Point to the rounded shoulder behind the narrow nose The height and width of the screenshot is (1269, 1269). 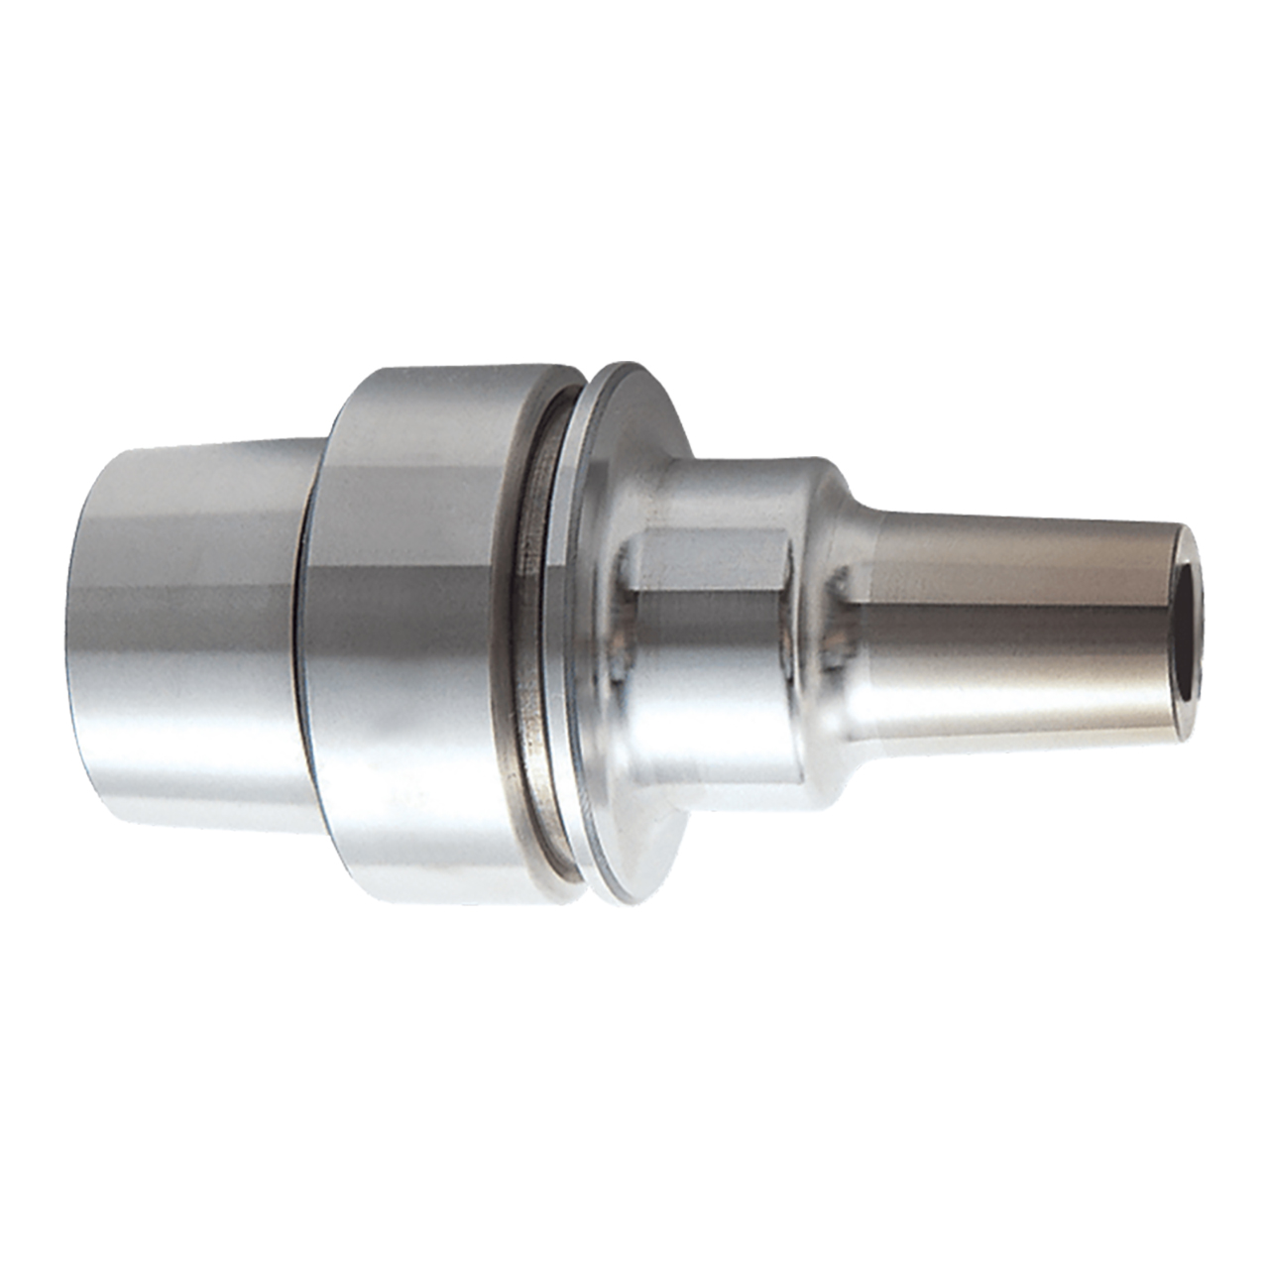pos(838,634)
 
